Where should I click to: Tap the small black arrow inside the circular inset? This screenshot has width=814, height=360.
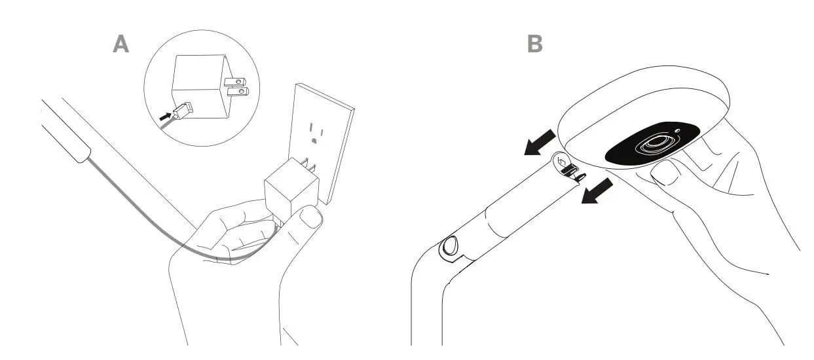[x=167, y=115]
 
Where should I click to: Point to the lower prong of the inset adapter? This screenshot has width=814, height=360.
[x=238, y=92]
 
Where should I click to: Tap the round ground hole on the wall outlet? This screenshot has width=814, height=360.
[x=316, y=139]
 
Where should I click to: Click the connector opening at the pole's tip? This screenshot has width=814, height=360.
[x=568, y=166]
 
